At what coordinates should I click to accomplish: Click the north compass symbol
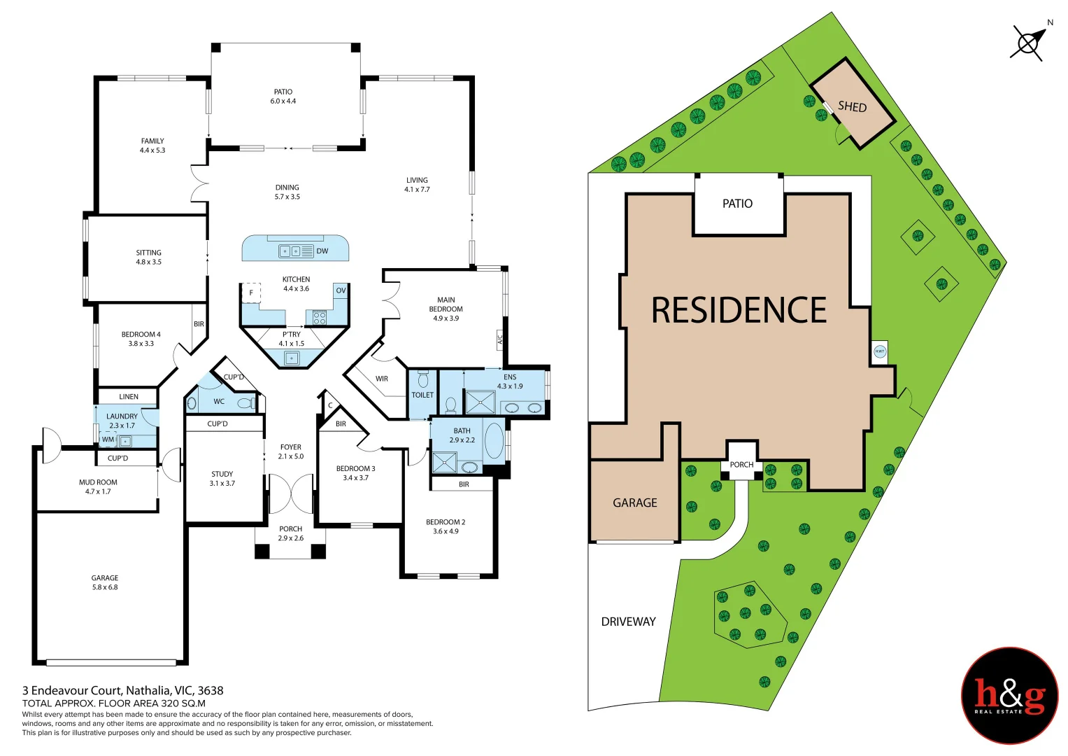(1027, 43)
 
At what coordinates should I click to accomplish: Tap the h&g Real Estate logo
(1009, 695)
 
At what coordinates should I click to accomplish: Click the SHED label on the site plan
(852, 106)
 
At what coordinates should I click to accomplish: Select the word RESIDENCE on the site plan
(739, 310)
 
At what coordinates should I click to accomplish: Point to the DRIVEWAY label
(628, 622)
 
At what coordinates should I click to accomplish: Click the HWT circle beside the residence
(880, 351)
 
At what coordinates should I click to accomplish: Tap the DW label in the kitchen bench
(322, 251)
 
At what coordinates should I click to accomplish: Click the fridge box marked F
(251, 293)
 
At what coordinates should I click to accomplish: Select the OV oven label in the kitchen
(341, 290)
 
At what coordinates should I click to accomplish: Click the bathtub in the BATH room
(494, 440)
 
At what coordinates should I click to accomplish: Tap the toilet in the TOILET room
(422, 380)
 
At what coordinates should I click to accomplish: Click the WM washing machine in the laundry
(108, 440)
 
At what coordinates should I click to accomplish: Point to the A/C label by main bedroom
(499, 340)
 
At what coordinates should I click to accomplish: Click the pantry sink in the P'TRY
(292, 358)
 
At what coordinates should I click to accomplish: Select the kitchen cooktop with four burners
(320, 318)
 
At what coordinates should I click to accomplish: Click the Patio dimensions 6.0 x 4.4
(283, 101)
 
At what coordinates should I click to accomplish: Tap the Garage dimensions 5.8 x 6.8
(105, 587)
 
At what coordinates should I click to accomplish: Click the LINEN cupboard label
(129, 397)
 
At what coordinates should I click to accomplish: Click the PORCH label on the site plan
(741, 465)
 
